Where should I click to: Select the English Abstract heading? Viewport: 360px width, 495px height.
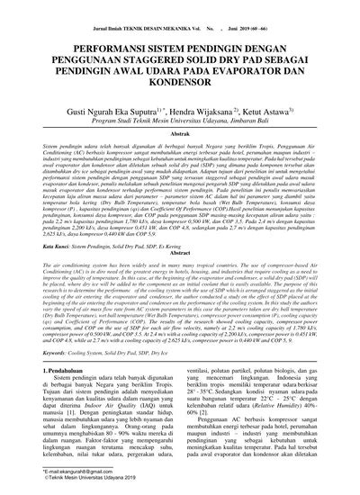point(180,254)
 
